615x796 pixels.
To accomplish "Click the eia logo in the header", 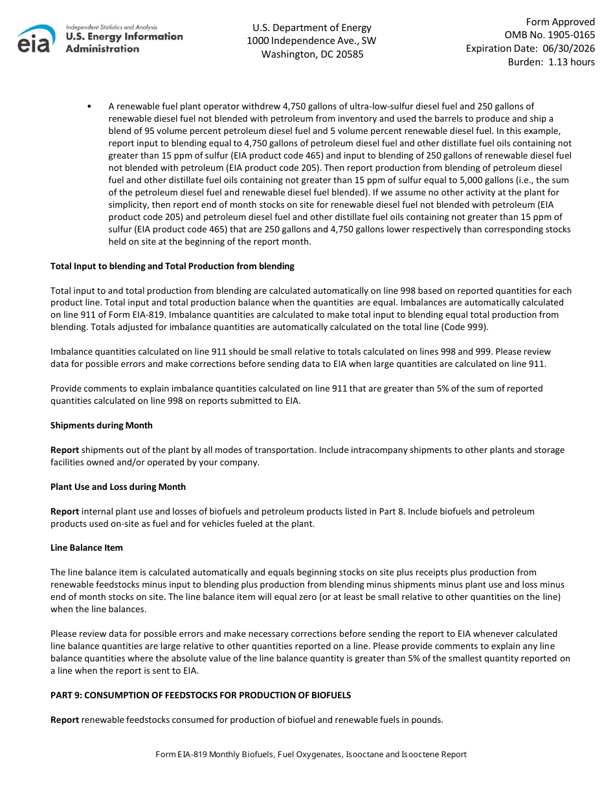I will [x=36, y=39].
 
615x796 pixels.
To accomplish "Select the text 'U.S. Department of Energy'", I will [x=312, y=28].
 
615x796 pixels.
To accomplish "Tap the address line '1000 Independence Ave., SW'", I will [x=311, y=41].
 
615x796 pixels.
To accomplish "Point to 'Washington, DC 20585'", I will [x=312, y=54].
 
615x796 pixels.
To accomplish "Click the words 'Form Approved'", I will [x=560, y=22].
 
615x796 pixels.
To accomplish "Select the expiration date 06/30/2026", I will [x=566, y=49].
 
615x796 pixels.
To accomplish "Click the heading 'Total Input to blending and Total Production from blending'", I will [x=172, y=266].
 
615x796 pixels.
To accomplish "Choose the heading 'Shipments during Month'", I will [x=102, y=425].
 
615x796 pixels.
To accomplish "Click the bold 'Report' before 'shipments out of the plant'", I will [x=65, y=450].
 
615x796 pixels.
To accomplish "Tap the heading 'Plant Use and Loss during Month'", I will [x=118, y=487].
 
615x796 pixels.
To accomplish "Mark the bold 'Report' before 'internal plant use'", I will [x=65, y=511].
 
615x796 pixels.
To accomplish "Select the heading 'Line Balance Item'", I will [x=87, y=547].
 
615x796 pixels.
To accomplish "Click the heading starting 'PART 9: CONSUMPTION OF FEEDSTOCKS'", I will [x=201, y=695].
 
